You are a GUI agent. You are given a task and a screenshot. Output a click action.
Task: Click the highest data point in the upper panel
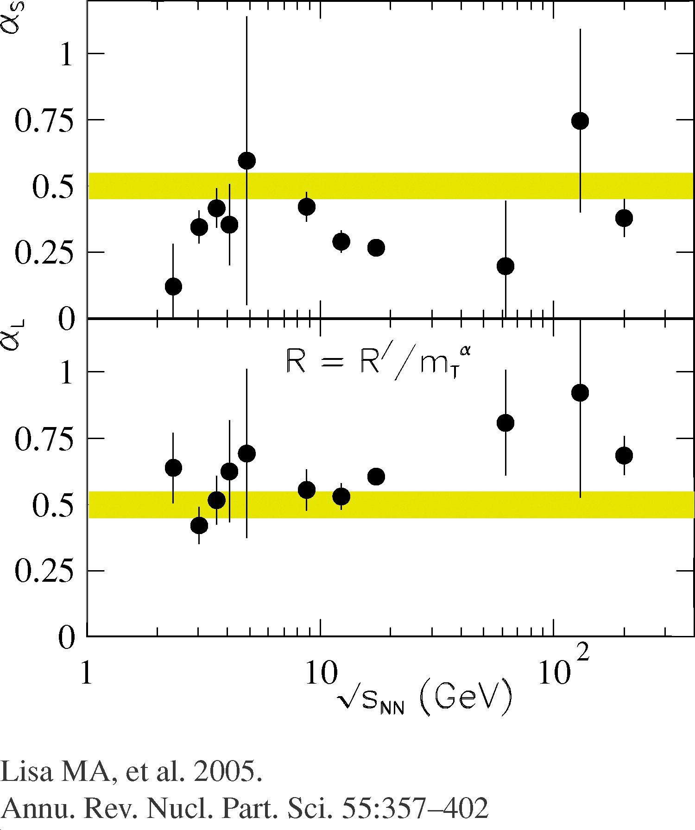580,121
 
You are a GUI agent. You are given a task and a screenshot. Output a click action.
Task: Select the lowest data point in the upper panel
173,286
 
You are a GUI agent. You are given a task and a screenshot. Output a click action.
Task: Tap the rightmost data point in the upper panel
624,218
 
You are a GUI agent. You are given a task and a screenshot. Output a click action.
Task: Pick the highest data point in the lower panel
580,393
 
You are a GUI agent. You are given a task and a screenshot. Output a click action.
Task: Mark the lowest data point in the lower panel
199,525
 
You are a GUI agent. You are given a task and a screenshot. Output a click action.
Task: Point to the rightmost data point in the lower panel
624,455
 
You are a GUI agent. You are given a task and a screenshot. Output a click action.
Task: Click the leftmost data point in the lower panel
173,468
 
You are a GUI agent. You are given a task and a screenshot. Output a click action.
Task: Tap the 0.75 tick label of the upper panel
44,121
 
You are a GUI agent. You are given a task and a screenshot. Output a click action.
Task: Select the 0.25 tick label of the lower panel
44,571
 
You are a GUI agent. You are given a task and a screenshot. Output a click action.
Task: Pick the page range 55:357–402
415,808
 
